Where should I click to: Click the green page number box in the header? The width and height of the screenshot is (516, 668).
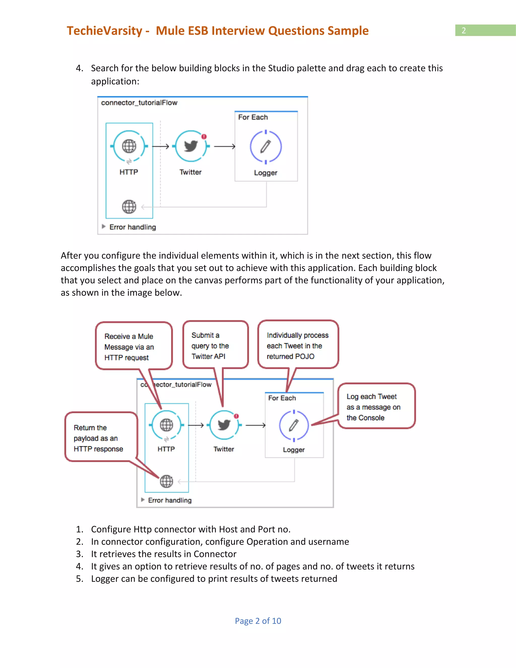click(485, 30)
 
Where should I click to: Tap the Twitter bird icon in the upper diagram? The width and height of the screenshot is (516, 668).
click(191, 146)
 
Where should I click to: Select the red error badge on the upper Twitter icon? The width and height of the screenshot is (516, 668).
click(204, 137)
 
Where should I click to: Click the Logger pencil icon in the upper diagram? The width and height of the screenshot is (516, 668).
click(266, 146)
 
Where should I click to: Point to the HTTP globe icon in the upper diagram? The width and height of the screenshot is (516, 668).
click(129, 146)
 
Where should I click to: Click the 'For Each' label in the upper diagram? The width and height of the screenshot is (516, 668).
click(253, 117)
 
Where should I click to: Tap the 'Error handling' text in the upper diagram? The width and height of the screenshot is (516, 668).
click(132, 227)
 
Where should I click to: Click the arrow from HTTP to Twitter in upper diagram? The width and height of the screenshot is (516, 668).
click(160, 146)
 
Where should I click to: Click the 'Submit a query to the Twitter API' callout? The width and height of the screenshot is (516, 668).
click(215, 345)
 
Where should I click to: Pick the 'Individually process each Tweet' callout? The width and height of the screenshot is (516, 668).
click(298, 345)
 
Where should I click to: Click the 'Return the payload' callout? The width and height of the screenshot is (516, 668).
click(101, 437)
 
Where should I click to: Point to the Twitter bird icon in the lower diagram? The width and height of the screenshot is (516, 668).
click(224, 425)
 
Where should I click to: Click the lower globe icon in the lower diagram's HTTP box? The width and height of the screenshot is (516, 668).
click(166, 481)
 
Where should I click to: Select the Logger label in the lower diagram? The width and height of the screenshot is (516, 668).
click(294, 450)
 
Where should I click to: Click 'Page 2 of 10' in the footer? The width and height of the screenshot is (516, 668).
click(258, 621)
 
